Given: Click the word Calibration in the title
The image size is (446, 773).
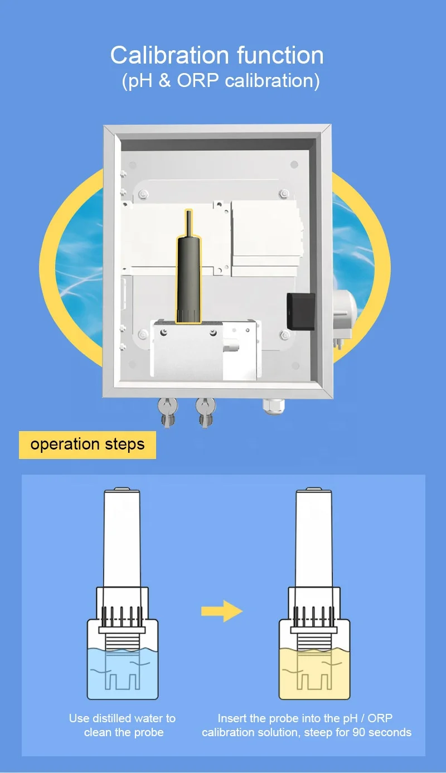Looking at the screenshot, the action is (x=169, y=55).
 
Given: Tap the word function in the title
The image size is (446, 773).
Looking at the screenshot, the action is (x=280, y=55).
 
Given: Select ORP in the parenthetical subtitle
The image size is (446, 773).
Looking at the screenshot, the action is (x=198, y=80).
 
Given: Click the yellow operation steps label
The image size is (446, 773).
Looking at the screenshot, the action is (x=88, y=445).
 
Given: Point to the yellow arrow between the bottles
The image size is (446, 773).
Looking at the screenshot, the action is (x=222, y=611).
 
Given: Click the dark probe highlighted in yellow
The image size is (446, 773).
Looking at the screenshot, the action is (x=188, y=267).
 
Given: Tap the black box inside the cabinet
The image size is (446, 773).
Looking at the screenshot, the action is (x=301, y=311).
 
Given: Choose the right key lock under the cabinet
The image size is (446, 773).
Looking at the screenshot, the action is (x=206, y=412).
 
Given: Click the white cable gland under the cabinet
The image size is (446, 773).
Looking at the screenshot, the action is (x=274, y=406).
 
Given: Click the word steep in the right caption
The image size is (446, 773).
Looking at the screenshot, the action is (x=318, y=733).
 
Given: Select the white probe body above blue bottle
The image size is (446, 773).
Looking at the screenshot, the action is (x=122, y=538).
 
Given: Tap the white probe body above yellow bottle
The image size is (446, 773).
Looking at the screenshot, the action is (x=314, y=538).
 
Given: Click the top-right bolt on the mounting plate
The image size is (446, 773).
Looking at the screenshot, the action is (x=284, y=193).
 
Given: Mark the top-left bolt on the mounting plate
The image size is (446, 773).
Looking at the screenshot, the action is (x=143, y=194).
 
